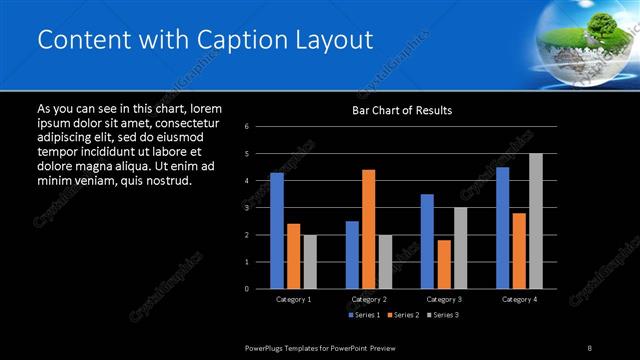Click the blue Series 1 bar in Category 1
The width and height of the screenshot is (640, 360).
pyautogui.click(x=277, y=231)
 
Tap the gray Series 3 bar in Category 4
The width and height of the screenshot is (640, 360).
pyautogui.click(x=535, y=221)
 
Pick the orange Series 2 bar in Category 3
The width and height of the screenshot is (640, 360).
pyautogui.click(x=443, y=264)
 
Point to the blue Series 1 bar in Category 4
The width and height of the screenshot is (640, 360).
pyautogui.click(x=502, y=228)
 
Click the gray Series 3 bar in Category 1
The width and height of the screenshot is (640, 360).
pyautogui.click(x=309, y=262)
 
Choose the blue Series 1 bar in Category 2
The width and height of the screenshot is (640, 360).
pyautogui.click(x=352, y=254)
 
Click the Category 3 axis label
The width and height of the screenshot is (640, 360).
pyautogui.click(x=443, y=299)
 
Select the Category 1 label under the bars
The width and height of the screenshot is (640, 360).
pyautogui.click(x=293, y=299)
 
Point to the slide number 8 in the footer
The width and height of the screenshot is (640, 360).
pyautogui.click(x=590, y=347)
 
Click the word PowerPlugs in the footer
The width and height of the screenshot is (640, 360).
pyautogui.click(x=267, y=347)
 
